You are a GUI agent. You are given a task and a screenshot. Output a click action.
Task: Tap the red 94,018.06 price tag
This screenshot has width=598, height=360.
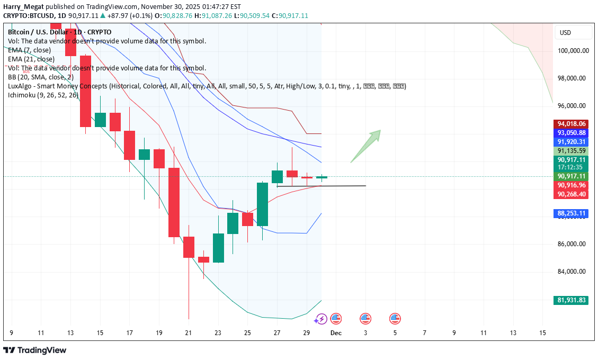coord(572,124)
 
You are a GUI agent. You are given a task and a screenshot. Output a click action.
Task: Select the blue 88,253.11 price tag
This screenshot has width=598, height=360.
coord(572,213)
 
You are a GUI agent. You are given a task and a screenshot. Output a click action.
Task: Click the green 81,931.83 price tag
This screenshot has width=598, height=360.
coord(572,300)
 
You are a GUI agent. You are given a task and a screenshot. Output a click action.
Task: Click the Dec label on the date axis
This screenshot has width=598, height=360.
coord(336,333)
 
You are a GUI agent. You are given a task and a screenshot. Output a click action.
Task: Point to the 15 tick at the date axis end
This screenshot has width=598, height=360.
coord(542,333)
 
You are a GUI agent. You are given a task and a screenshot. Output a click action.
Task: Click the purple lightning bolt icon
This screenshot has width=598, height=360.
coord(320,319)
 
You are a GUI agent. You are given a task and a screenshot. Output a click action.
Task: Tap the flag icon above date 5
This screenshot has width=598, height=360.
coord(395,319)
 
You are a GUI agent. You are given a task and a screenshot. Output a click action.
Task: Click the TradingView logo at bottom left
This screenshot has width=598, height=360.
coord(35,350)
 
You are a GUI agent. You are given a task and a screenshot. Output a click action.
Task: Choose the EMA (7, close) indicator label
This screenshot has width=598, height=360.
coord(30,50)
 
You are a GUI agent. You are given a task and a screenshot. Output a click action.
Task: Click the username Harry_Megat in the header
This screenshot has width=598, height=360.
coord(21,7)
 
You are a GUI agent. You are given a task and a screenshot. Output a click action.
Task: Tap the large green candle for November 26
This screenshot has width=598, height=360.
coord(263,204)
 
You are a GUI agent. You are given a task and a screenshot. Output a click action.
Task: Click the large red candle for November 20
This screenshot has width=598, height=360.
coord(174,202)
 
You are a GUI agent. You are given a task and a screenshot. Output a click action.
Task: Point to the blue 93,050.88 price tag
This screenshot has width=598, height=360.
coord(572,133)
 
